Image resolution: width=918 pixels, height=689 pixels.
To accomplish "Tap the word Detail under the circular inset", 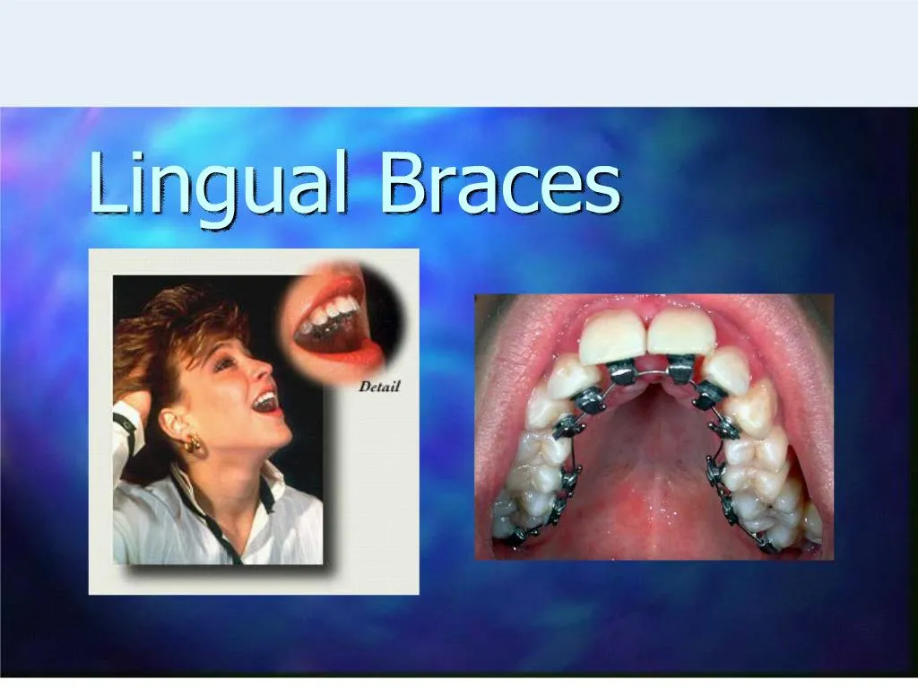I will coord(379,388).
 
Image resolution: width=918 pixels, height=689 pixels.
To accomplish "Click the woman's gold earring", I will coord(192,444).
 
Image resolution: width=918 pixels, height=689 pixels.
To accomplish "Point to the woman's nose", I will coord(266,369).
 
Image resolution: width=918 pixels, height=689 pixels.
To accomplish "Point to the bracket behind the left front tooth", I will coord(621,371).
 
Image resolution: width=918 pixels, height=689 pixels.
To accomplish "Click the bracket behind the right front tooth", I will coord(681,368).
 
